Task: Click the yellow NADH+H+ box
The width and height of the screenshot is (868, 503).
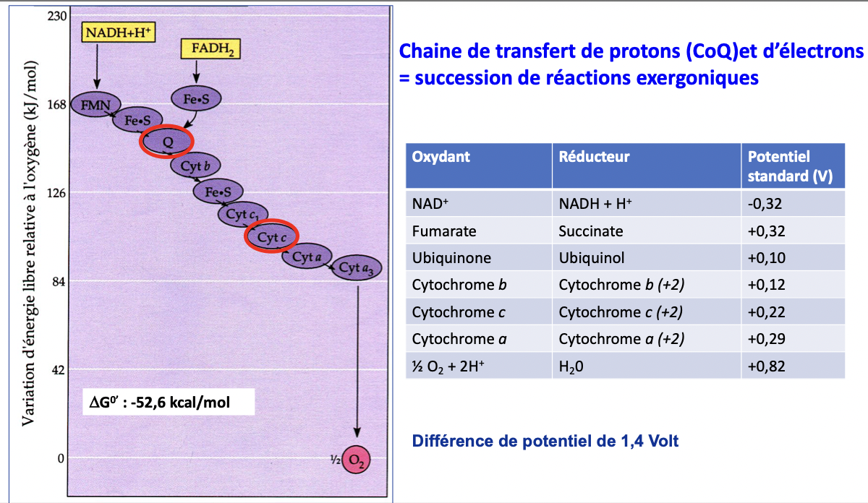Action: pos(118,32)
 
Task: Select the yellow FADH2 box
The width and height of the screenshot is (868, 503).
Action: pos(210,49)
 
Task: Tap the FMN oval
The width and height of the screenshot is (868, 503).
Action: pos(95,105)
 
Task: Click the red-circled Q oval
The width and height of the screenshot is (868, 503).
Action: pos(166,142)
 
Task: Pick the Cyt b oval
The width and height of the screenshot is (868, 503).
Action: pos(195,165)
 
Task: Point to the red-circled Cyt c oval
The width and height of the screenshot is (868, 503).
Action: pos(271,236)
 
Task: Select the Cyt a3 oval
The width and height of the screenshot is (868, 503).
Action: pos(357,267)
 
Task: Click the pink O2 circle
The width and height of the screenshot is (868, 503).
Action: pos(356,460)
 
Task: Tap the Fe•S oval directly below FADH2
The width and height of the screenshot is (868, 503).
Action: pos(196,98)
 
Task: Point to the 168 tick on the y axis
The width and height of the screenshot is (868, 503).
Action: pos(57,105)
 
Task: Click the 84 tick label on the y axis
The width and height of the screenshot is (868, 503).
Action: pos(59,282)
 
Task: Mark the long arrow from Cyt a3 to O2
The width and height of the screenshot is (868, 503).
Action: pos(357,361)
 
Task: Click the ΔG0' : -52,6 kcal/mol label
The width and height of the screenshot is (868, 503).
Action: pos(160,403)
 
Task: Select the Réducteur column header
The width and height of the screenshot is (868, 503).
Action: pos(594,156)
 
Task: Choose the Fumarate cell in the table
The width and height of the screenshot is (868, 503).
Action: pos(444,231)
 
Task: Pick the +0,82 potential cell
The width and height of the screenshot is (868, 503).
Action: pos(766,366)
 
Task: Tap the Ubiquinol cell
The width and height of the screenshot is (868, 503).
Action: pos(592,258)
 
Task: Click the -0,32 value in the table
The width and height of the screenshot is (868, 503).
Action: pos(765,204)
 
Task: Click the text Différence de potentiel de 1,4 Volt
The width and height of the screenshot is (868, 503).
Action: pos(545,441)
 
